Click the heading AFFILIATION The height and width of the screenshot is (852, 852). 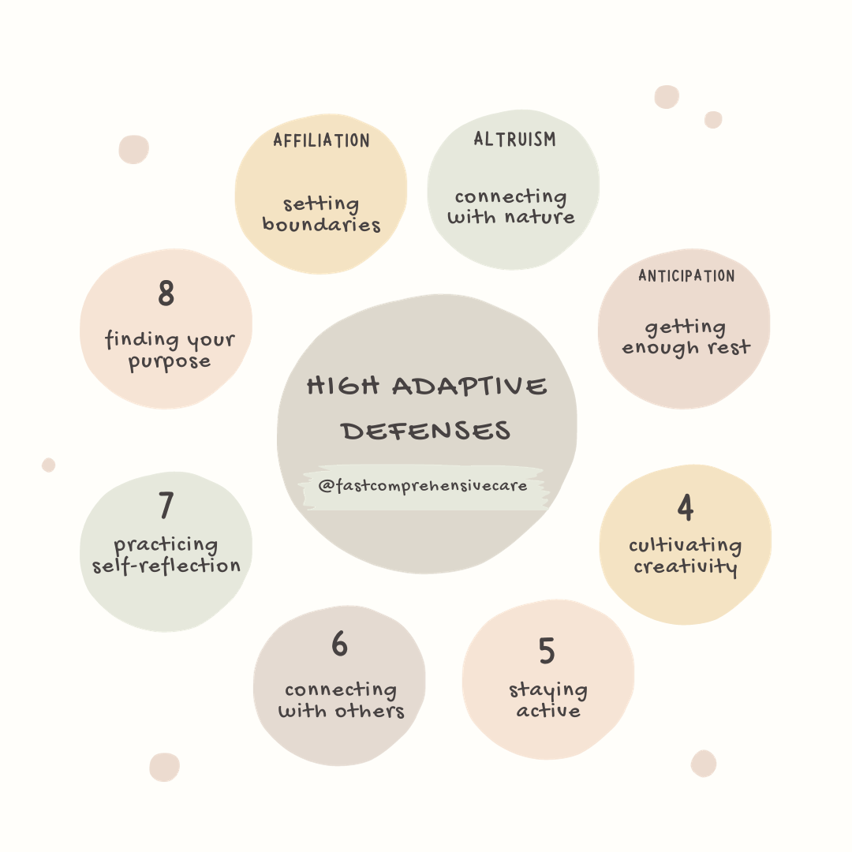coord(321,140)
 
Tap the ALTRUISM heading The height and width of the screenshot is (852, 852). coord(514,139)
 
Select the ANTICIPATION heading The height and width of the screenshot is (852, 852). coord(686,276)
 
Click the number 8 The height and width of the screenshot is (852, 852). coord(166,293)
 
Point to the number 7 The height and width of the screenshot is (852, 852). coord(166,506)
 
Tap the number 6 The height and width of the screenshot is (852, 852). coord(339,644)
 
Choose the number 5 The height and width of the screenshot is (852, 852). coord(547,650)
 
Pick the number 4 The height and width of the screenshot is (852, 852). coord(686,507)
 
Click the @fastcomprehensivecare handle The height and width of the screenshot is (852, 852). coord(423,485)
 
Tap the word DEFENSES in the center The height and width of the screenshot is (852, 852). coord(426,431)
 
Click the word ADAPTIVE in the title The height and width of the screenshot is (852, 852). coord(469,386)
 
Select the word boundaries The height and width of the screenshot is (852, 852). coord(321,224)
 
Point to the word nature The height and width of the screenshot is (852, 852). coord(540,218)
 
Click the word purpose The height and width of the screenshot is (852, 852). coord(169,362)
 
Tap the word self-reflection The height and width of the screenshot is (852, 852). coord(166,566)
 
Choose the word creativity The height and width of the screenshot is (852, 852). coord(686,567)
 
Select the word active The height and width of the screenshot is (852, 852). coord(548,710)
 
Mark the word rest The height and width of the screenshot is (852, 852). coord(729,347)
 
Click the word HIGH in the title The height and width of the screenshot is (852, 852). coord(343,386)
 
